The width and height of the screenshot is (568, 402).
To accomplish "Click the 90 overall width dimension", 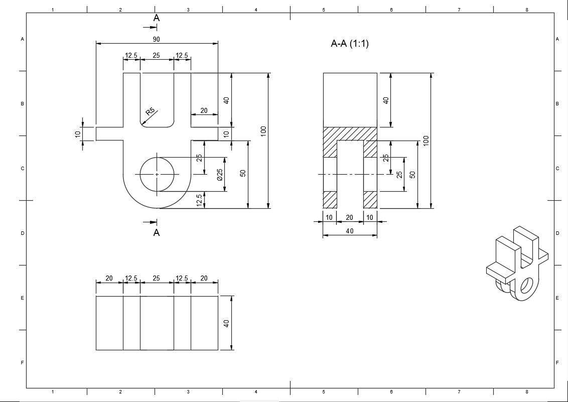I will point(156,39).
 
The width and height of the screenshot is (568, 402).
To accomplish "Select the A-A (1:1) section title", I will point(350,44).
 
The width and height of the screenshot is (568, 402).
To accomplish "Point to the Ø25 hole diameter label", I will point(219,174).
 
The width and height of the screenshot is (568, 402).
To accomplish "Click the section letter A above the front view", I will point(156,18).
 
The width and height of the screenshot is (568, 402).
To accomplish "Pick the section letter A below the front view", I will point(156,232).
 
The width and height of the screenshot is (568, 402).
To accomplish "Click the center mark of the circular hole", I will point(157,174).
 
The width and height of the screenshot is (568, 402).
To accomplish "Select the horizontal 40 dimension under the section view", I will point(350,231).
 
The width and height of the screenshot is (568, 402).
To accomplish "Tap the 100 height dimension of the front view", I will point(263,131).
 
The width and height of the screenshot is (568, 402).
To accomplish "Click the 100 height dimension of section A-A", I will point(426,140).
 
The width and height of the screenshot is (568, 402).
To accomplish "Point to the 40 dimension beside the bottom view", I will point(226,323).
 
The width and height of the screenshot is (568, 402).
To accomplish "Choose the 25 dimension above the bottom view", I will point(156,278).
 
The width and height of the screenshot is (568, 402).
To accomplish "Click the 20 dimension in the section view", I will point(350,217).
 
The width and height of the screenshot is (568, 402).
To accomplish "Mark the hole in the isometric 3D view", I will point(526,286).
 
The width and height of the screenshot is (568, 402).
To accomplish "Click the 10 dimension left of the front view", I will point(78,134).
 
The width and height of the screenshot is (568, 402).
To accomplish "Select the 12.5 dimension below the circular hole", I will point(199,200).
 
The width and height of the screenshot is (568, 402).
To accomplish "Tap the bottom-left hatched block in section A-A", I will point(330,200).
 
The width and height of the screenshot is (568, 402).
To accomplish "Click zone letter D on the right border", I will point(557,233).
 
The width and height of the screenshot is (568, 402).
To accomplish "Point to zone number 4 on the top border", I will point(256,10).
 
